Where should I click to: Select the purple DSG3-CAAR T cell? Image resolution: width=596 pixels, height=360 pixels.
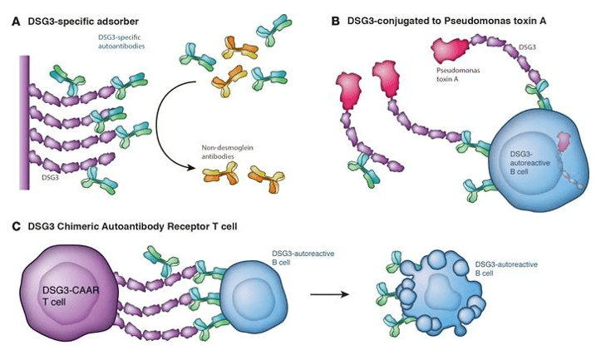pos(63,296)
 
